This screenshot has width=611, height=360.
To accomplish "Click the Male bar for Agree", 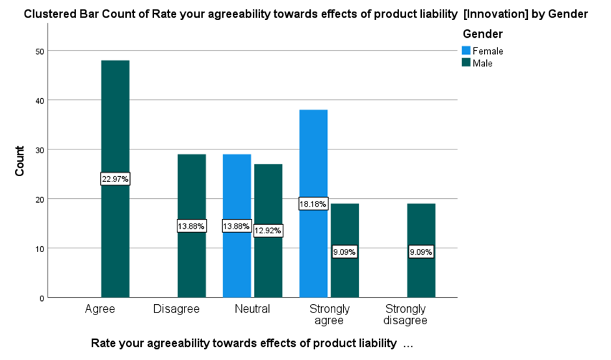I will (x=115, y=117).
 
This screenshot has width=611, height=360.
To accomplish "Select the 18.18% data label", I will (x=313, y=204).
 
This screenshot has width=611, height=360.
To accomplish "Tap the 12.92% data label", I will (x=268, y=230).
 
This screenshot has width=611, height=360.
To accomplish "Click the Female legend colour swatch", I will (x=466, y=51).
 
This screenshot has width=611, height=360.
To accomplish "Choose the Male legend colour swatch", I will (x=466, y=63).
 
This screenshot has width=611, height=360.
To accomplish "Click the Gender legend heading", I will (x=482, y=34).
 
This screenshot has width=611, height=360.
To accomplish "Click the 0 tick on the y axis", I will (x=42, y=298).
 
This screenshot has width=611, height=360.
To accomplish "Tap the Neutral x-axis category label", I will (x=252, y=309).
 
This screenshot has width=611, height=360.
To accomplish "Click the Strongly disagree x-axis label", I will (x=405, y=315).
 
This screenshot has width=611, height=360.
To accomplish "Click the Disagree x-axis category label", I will (x=176, y=309).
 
